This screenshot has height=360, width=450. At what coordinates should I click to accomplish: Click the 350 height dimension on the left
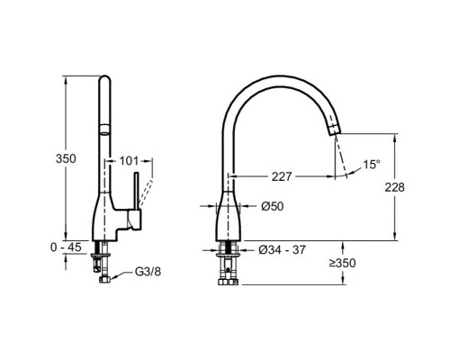click(66, 158)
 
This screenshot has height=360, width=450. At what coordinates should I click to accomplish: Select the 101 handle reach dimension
click(129, 161)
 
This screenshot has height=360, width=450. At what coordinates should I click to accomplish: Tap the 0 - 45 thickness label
click(66, 247)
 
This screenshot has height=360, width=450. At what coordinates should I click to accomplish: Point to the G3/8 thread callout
click(148, 272)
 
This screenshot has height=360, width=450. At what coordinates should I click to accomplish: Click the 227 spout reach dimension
click(282, 176)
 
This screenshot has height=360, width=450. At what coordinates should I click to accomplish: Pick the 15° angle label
click(372, 164)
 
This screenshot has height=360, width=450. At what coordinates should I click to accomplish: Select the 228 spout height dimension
click(395, 187)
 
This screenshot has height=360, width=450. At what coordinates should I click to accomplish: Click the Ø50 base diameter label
click(272, 206)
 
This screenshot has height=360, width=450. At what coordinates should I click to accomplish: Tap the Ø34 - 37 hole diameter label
click(282, 249)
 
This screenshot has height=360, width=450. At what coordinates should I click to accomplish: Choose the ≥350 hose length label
click(343, 263)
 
